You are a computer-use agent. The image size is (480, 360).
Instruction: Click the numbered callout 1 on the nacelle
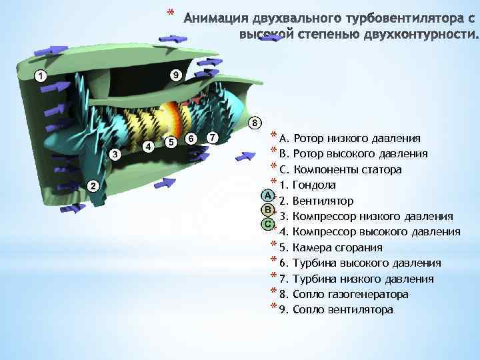[41, 76]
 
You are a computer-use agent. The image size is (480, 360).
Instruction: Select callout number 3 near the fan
[115, 155]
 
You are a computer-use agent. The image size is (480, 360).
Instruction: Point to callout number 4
[149, 145]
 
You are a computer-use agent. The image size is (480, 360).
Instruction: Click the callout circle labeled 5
[171, 142]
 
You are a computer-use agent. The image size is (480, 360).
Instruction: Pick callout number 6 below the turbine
[192, 138]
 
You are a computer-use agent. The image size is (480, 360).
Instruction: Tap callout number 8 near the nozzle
[254, 123]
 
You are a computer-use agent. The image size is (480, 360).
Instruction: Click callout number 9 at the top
[175, 75]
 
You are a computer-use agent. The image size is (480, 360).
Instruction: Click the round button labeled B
[267, 210]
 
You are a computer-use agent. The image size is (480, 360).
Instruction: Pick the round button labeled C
[267, 224]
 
